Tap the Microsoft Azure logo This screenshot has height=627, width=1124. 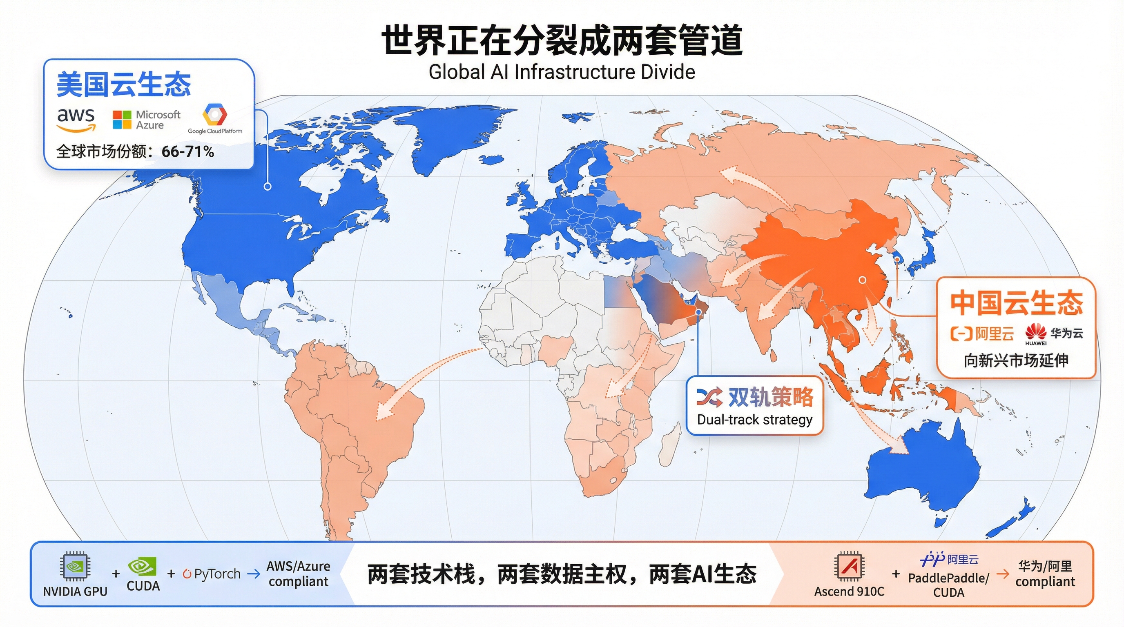[x=147, y=120]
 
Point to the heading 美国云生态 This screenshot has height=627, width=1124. [x=124, y=84]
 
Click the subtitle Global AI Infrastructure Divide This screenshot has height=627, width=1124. [x=562, y=72]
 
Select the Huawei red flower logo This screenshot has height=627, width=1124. [x=1035, y=332]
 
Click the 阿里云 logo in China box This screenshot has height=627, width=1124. [x=982, y=334]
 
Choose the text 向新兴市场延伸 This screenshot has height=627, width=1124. [x=1016, y=360]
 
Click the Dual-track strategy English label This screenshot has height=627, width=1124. [x=754, y=420]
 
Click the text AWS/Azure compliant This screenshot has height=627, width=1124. [x=299, y=574]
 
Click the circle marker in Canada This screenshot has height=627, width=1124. [x=268, y=187]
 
